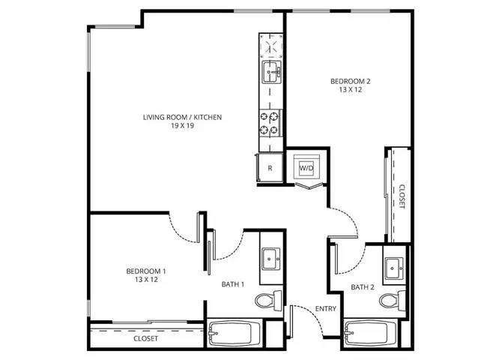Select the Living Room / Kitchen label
(182, 117)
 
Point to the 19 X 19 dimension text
(183, 126)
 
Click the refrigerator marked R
(270, 168)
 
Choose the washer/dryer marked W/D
(306, 167)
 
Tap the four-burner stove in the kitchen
(270, 123)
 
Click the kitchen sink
(272, 72)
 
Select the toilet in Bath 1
(268, 300)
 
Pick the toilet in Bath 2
(393, 300)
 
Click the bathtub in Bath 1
(230, 334)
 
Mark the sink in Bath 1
(271, 259)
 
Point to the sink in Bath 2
(394, 268)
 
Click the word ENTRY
(326, 309)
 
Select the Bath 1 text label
(233, 284)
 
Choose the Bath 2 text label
(363, 287)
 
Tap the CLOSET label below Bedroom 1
(145, 338)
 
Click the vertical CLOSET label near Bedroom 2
(402, 196)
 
